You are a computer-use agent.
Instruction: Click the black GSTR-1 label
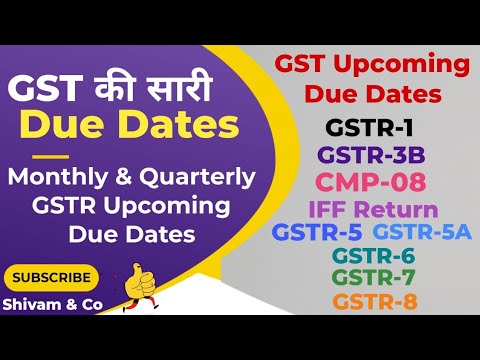point(368,129)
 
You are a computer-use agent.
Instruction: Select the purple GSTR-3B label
point(369,156)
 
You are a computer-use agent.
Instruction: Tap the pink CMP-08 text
point(371,182)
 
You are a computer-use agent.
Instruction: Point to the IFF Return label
point(372,209)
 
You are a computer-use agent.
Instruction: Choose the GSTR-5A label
point(422,232)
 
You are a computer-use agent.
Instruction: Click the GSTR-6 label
point(374,255)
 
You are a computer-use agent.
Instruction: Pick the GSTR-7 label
point(374,277)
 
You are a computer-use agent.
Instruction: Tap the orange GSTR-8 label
point(374,301)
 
